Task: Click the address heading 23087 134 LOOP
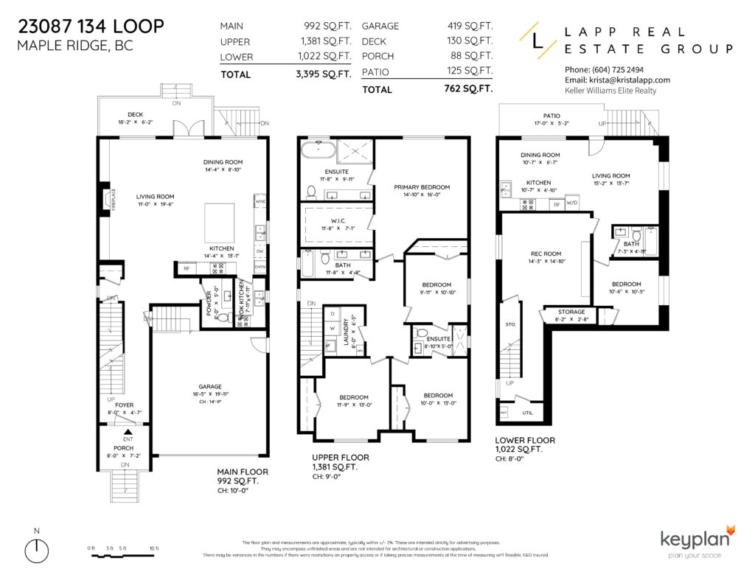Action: tap(90, 27)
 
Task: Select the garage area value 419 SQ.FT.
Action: tap(470, 26)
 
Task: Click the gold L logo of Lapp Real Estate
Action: tap(536, 38)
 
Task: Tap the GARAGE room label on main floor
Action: tap(209, 385)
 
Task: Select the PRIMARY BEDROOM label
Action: tap(421, 187)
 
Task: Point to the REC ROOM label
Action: tap(546, 253)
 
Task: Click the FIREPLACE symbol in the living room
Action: tap(104, 200)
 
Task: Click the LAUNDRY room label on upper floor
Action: tap(344, 330)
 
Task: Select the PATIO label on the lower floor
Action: tap(552, 116)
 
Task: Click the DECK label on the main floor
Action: tap(135, 114)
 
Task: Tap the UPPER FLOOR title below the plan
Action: tap(340, 457)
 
